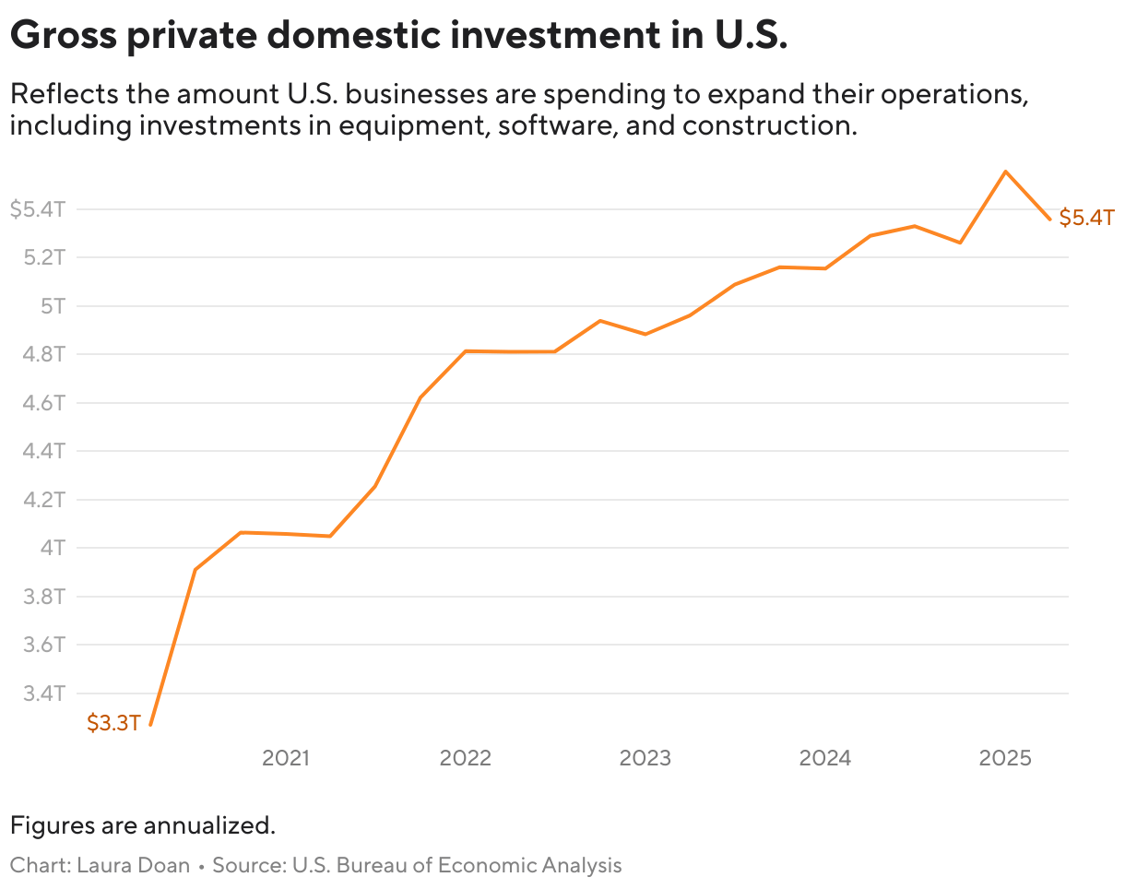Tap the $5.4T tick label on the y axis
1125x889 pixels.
[x=38, y=209]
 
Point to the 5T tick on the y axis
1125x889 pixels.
[x=53, y=305]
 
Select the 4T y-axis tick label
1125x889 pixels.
[x=53, y=548]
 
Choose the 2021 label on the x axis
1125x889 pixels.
[x=286, y=758]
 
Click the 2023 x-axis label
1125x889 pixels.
[x=645, y=758]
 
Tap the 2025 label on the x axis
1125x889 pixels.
[x=1004, y=758]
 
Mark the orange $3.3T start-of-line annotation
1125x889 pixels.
[x=113, y=723]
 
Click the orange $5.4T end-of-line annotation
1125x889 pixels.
[x=1086, y=219]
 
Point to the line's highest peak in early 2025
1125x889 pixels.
[x=1005, y=172]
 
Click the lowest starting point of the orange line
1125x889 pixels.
[x=150, y=725]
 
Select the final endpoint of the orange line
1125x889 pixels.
[x=1049, y=219]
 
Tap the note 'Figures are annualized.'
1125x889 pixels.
[x=143, y=824]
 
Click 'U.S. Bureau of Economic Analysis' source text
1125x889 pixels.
[x=456, y=865]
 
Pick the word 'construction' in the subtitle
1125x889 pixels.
[x=770, y=124]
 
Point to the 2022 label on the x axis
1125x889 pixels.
[x=466, y=758]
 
